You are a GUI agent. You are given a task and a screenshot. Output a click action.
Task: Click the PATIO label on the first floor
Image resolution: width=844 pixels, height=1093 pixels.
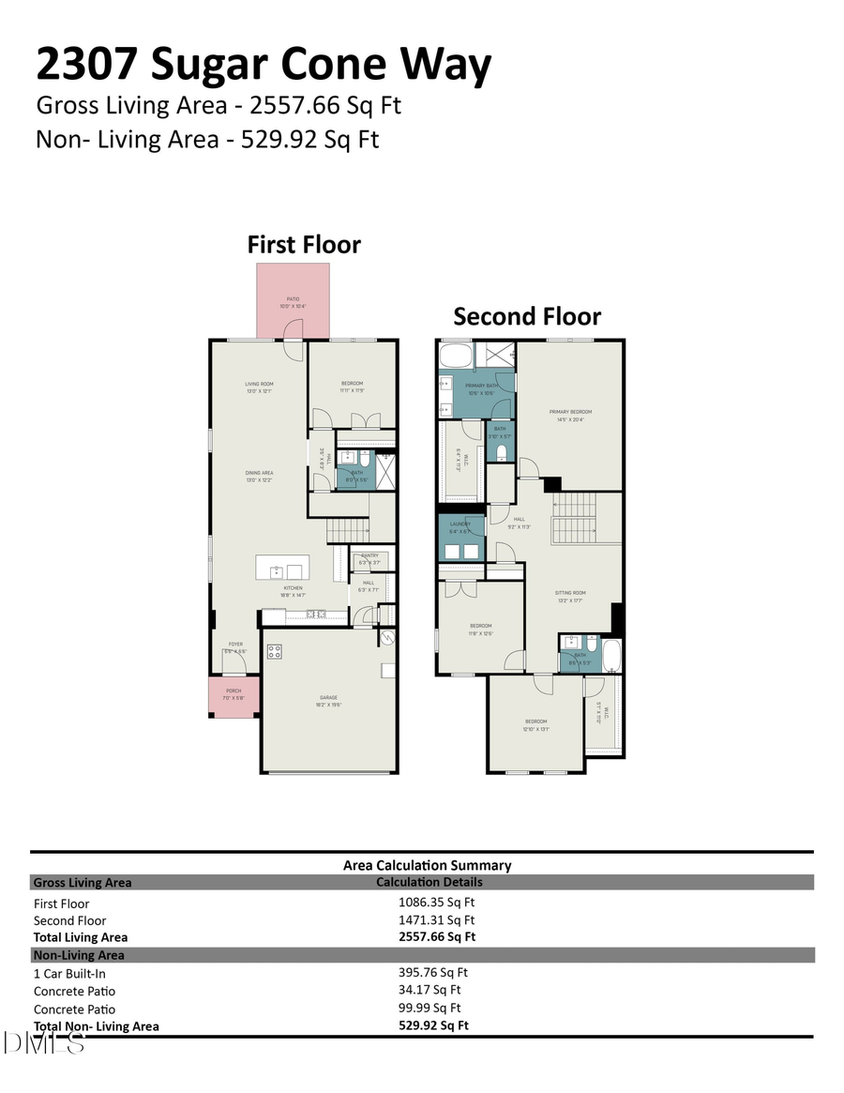pyautogui.click(x=293, y=300)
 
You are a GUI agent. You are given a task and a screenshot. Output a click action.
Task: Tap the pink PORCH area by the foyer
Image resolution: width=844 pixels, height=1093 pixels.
pyautogui.click(x=234, y=695)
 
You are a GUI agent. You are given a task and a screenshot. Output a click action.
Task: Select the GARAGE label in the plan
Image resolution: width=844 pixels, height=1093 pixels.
pyautogui.click(x=327, y=698)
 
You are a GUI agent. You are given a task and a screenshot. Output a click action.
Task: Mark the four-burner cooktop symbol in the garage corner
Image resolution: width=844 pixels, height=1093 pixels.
pyautogui.click(x=275, y=650)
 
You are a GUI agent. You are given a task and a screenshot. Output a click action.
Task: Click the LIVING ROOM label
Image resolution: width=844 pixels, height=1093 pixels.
pyautogui.click(x=259, y=384)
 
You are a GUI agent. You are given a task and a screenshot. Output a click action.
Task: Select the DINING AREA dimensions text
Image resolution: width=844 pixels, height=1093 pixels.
pyautogui.click(x=259, y=479)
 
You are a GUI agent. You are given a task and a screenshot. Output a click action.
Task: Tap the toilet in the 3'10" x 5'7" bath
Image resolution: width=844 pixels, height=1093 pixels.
pyautogui.click(x=503, y=454)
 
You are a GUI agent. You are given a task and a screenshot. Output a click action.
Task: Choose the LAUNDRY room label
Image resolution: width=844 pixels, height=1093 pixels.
pyautogui.click(x=460, y=524)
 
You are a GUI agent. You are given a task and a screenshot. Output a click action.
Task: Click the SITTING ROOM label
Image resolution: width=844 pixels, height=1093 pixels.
pyautogui.click(x=570, y=593)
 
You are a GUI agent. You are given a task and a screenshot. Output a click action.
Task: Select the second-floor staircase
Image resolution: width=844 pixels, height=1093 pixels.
pyautogui.click(x=573, y=518)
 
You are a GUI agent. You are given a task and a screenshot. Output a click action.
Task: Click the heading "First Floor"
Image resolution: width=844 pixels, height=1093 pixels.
pyautogui.click(x=304, y=245)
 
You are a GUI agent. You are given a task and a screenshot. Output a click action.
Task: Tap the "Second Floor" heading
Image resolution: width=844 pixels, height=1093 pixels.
pyautogui.click(x=527, y=316)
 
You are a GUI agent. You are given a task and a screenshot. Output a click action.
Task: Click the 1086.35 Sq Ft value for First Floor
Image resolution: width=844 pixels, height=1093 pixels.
pyautogui.click(x=437, y=903)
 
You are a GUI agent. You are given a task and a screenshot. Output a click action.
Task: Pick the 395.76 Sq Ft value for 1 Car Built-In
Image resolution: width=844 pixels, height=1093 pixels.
pyautogui.click(x=433, y=973)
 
